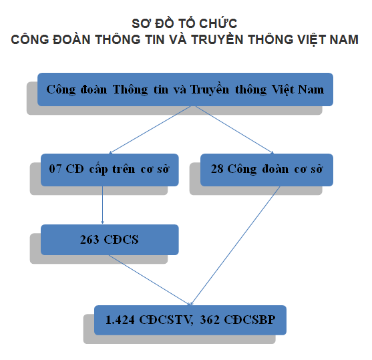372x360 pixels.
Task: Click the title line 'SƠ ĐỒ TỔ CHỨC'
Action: [x=184, y=23]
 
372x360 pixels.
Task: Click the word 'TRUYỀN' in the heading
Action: [x=217, y=39]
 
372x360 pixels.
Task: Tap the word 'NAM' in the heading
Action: [x=344, y=39]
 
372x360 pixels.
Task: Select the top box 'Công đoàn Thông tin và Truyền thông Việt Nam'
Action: [x=185, y=89]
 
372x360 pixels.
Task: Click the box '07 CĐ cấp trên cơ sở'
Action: [x=110, y=170]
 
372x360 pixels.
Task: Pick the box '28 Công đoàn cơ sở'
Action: [x=266, y=170]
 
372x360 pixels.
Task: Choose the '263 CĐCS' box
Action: [x=110, y=240]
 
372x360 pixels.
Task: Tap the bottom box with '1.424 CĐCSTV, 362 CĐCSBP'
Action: [x=190, y=320]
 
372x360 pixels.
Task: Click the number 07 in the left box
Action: [x=55, y=169]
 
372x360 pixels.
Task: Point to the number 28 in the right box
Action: [x=217, y=169]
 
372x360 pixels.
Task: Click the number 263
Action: [x=89, y=240]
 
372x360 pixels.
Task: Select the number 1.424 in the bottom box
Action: [x=120, y=320]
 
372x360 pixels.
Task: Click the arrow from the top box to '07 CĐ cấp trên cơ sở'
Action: [x=150, y=130]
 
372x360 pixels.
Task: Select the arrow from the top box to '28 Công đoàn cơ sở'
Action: [x=234, y=130]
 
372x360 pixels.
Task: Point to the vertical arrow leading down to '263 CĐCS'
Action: [x=102, y=205]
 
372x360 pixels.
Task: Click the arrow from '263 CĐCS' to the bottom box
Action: [x=150, y=280]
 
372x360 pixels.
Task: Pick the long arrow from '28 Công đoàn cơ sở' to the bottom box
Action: [x=235, y=246]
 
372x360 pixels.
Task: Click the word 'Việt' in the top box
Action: [x=283, y=90]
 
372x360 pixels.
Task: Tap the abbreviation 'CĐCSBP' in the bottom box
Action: [x=250, y=320]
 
